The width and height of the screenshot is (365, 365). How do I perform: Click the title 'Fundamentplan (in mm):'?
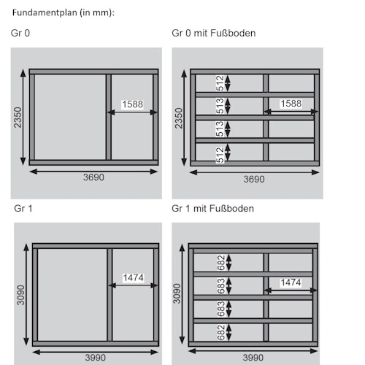(x=64, y=12)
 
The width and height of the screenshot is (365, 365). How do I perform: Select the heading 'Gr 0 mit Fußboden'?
(x=214, y=33)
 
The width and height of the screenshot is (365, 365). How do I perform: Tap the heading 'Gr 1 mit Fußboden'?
(x=212, y=209)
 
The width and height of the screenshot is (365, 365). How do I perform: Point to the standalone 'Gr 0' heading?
(x=20, y=33)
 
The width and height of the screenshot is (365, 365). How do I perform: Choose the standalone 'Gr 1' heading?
(x=23, y=209)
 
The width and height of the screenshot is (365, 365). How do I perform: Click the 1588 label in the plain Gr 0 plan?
(x=133, y=104)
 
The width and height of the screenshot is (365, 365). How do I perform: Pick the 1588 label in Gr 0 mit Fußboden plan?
(x=291, y=104)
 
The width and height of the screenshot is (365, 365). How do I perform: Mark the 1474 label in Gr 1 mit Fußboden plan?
(x=291, y=283)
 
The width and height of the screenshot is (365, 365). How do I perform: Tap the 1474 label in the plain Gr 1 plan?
(x=134, y=277)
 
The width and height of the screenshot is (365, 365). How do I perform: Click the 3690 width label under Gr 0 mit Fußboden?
(x=254, y=180)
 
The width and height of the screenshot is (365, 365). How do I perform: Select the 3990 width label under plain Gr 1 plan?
(x=96, y=358)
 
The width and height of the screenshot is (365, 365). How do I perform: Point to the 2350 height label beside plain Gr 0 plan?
(x=18, y=118)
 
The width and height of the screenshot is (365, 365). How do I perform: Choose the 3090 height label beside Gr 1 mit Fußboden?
(x=177, y=293)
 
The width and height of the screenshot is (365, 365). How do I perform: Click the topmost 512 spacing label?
(x=220, y=83)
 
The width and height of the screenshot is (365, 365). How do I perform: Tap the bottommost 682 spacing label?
(x=221, y=332)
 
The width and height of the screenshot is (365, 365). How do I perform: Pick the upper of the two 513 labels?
(x=220, y=106)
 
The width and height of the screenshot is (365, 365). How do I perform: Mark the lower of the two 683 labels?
(x=221, y=309)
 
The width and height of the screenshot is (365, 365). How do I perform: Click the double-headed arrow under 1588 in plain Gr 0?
(x=133, y=112)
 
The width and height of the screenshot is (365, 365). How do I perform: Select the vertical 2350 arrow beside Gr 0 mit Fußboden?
(x=184, y=118)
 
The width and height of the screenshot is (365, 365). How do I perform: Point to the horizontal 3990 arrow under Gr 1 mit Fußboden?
(x=253, y=351)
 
